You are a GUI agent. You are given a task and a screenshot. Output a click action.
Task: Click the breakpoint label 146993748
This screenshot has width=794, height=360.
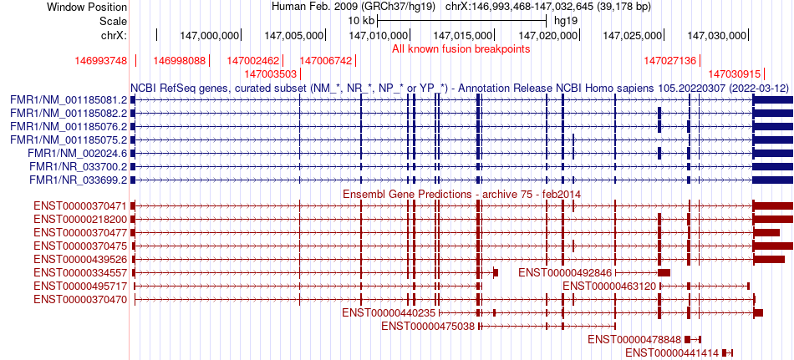click(x=100, y=61)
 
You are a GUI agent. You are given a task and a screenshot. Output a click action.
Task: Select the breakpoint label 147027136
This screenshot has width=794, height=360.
click(x=670, y=61)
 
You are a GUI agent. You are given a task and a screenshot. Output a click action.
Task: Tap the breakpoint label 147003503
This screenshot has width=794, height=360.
click(x=259, y=74)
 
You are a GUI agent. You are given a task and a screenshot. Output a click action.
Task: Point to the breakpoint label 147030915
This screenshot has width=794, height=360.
click(x=735, y=74)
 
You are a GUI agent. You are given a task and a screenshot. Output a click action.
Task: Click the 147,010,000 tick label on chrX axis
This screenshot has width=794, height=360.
click(x=379, y=35)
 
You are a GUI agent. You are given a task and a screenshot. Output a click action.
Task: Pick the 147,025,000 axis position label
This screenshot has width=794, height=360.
click(x=634, y=35)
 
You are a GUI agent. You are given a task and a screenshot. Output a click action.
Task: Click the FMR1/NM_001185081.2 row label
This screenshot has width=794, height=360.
click(x=69, y=99)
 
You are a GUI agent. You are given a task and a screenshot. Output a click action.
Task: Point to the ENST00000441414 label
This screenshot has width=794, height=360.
click(x=672, y=353)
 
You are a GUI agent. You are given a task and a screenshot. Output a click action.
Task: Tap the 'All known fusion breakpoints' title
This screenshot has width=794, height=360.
click(x=461, y=48)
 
